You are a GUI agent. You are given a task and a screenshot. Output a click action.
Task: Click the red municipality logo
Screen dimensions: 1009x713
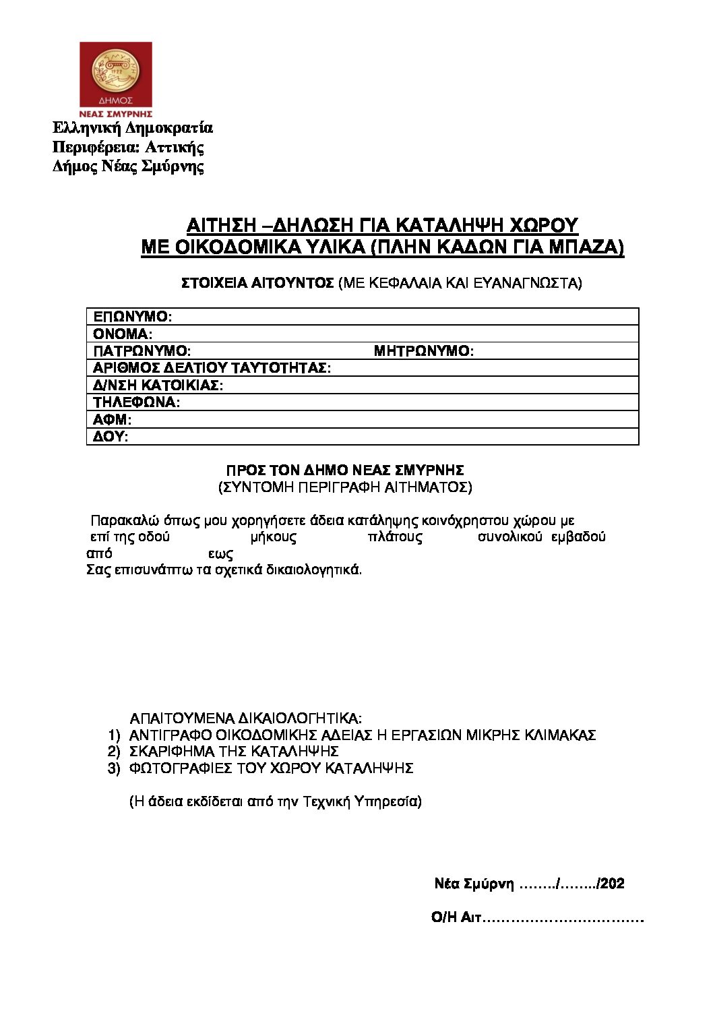click(116, 80)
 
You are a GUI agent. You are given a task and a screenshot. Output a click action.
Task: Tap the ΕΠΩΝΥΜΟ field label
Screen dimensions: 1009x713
click(133, 316)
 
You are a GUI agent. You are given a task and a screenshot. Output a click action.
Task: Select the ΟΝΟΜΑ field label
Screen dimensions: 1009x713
click(123, 334)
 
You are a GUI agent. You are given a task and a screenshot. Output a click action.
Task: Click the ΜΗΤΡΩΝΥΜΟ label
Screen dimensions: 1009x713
click(424, 351)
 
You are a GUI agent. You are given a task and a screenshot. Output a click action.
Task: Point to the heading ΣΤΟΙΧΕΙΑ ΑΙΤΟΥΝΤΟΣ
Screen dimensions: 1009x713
click(258, 284)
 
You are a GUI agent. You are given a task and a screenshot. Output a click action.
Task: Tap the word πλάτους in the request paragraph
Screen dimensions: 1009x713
click(396, 537)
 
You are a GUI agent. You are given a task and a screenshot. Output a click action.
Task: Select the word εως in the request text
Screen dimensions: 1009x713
click(220, 554)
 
